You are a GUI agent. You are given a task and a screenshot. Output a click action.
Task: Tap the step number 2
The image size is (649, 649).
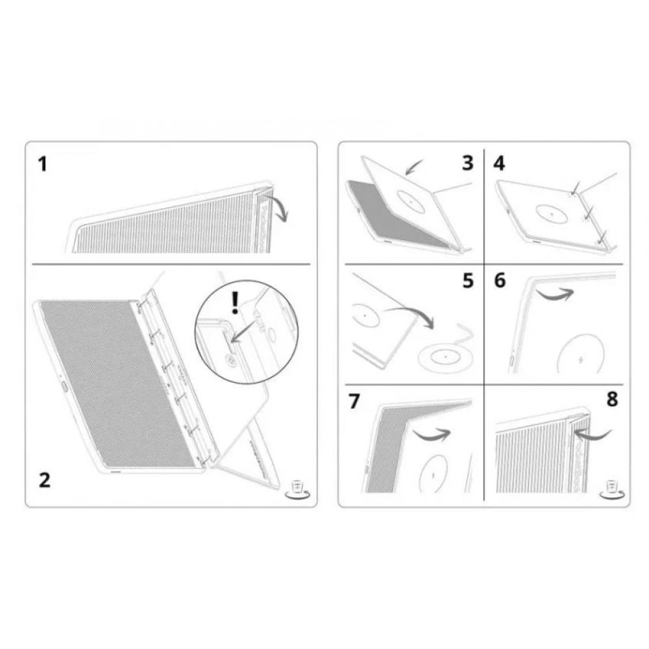(x=44, y=480)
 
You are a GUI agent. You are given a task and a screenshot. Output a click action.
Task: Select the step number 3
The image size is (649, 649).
(x=467, y=163)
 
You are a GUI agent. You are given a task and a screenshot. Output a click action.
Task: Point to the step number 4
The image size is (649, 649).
(x=498, y=163)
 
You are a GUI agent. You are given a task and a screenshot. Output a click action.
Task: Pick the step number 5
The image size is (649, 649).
(x=468, y=283)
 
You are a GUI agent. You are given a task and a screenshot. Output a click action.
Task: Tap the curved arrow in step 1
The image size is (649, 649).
(x=279, y=210)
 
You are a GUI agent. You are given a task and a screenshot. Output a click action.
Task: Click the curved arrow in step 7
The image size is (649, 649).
(x=430, y=434)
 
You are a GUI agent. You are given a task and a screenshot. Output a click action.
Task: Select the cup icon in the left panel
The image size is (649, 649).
(x=298, y=489)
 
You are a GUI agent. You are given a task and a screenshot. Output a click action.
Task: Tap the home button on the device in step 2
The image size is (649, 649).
(x=64, y=387)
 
